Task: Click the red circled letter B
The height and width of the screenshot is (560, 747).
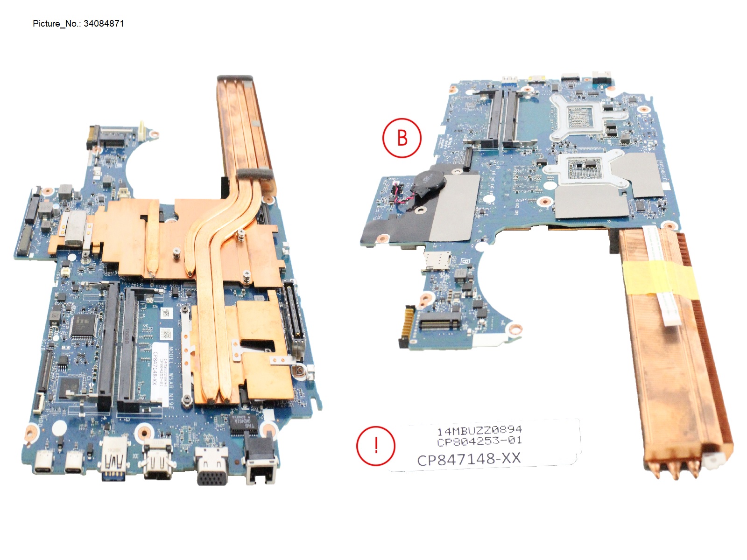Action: coord(402,138)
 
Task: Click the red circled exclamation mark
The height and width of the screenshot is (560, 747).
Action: coord(376,446)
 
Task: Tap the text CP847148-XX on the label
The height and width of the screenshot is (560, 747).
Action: coord(468,459)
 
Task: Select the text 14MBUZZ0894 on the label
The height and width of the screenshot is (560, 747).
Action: coord(479,430)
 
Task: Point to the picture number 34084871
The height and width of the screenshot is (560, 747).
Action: coord(104,24)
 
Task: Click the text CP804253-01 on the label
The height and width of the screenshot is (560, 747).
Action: coord(479,441)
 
